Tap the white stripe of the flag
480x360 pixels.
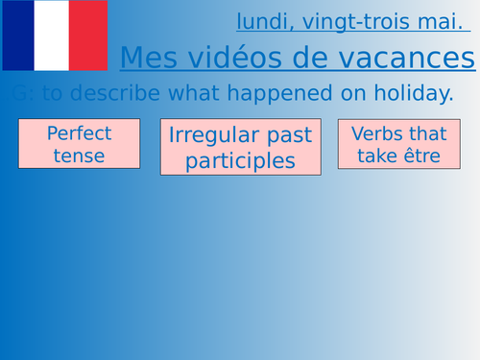click(53, 36)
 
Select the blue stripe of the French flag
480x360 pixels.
click(18, 36)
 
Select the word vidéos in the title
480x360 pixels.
click(242, 60)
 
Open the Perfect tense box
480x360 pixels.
click(79, 143)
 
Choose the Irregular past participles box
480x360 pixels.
click(240, 148)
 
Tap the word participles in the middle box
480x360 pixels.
click(240, 160)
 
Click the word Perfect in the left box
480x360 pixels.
click(79, 132)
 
